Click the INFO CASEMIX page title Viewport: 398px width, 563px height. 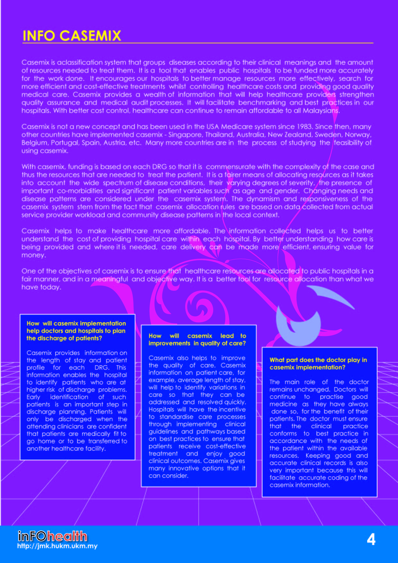[72, 36]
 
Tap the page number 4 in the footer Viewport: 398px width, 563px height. [371, 540]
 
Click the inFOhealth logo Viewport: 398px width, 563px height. [52, 536]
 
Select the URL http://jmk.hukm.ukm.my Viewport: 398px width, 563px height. [57, 546]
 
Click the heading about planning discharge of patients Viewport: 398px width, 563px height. [76, 331]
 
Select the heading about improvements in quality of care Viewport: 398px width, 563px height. [197, 340]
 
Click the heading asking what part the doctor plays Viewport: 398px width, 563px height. [318, 364]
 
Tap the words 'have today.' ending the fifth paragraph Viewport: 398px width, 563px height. [41, 287]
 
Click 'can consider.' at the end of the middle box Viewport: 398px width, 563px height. [168, 476]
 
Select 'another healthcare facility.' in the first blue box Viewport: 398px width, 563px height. [66, 448]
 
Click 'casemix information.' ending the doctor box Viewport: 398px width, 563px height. [299, 485]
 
